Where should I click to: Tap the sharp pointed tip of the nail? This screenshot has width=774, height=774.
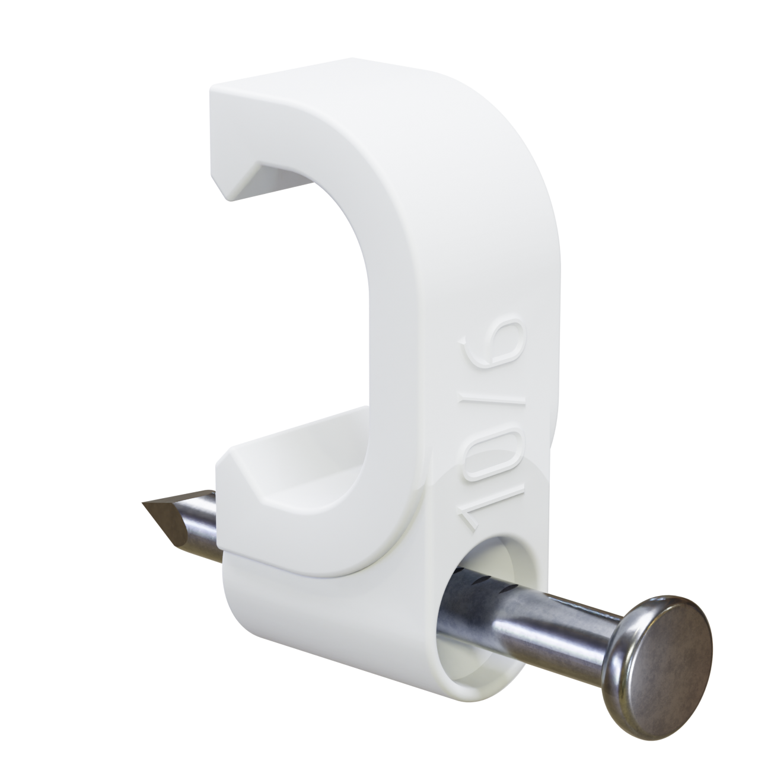click(143, 502)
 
